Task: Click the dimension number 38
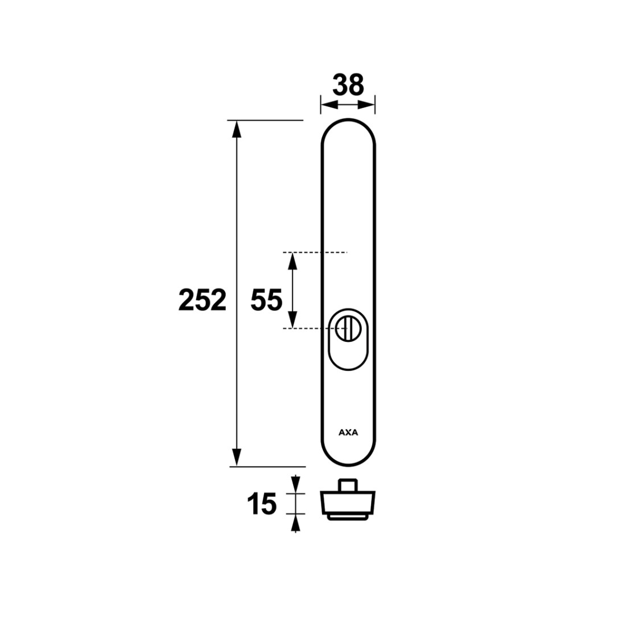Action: coord(348,85)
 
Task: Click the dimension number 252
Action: coord(202,300)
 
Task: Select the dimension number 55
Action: coord(266,300)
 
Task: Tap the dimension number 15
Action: coord(262,504)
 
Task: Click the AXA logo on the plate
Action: coord(348,432)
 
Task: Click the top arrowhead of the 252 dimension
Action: coord(237,130)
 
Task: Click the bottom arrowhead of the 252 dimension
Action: coord(237,457)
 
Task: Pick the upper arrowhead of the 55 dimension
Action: coord(292,262)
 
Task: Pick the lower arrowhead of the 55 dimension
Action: coord(292,318)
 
